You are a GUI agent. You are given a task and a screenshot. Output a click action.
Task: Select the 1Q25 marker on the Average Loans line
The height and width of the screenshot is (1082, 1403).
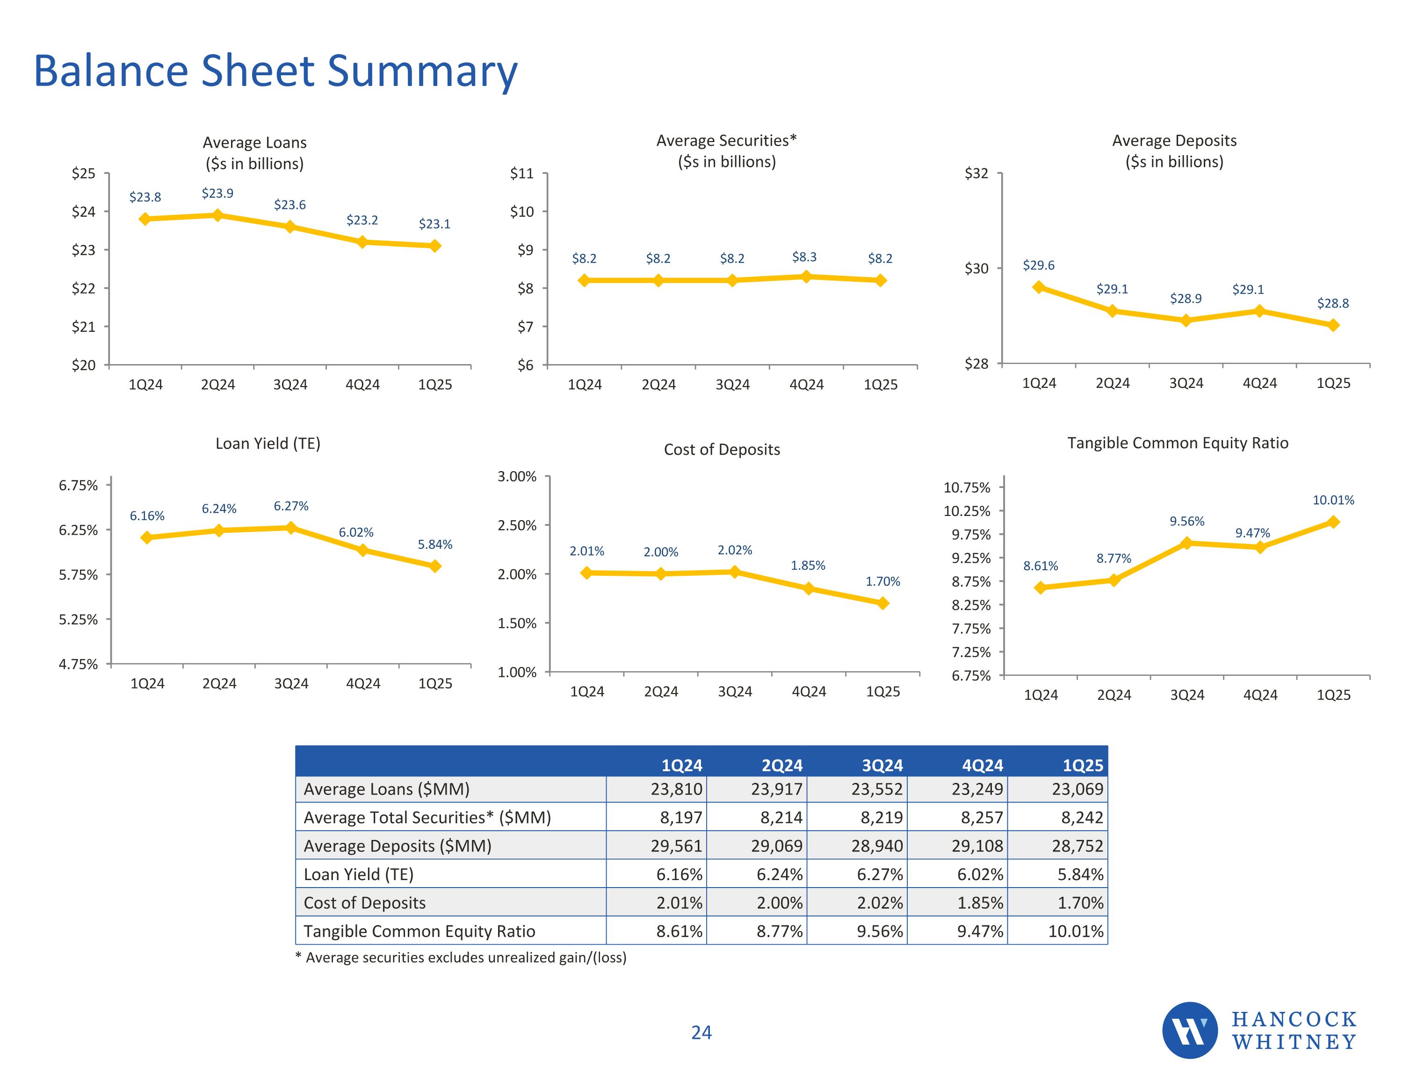point(435,246)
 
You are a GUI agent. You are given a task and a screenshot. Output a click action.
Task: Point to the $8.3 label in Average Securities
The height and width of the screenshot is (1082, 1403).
point(804,258)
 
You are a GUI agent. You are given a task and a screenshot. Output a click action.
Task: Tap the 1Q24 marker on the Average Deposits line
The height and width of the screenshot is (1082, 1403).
point(1039,288)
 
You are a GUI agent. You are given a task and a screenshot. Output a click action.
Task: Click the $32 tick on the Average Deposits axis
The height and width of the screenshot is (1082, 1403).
point(976,173)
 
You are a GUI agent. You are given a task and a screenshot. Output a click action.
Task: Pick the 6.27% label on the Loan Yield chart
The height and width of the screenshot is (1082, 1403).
point(291,506)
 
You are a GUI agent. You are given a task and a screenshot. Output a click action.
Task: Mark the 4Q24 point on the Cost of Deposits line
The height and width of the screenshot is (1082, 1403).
point(809,588)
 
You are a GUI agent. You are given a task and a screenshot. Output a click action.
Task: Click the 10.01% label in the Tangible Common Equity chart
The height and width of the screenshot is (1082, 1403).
point(1333,500)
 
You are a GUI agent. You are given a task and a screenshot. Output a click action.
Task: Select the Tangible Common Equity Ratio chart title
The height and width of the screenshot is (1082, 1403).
point(1178,443)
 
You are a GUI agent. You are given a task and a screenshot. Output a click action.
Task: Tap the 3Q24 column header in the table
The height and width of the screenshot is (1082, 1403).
point(882,766)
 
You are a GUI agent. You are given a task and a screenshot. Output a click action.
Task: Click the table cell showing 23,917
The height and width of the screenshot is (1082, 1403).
point(777,789)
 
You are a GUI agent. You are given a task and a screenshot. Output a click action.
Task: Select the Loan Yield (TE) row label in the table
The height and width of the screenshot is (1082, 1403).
point(358,874)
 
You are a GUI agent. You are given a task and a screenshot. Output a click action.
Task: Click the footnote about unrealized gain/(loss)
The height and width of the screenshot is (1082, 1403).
point(461,957)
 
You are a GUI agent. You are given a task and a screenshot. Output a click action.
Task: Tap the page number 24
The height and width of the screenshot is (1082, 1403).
point(701,1032)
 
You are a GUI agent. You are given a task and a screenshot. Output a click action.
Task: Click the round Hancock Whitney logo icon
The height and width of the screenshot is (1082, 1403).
point(1190,1031)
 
